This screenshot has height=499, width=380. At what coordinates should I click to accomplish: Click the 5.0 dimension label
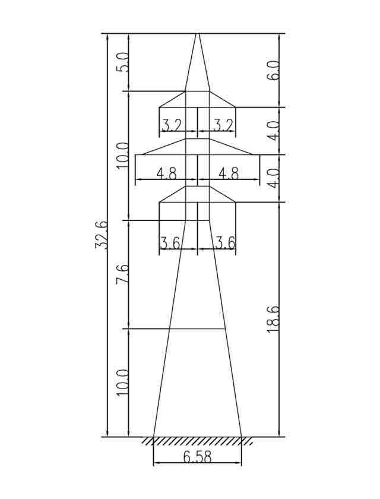tap(123, 62)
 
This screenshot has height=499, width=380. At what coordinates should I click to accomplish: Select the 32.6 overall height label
tap(102, 234)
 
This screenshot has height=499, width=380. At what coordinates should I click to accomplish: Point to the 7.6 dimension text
tap(123, 274)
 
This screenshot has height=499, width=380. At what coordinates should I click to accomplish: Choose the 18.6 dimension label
tap(273, 319)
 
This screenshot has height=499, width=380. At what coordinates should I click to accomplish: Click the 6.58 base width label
tap(197, 457)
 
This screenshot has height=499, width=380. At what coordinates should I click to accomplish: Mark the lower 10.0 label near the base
tap(123, 383)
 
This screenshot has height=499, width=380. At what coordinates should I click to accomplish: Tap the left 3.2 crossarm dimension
tap(172, 125)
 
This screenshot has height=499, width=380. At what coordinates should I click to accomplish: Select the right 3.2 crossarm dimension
tap(223, 125)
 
